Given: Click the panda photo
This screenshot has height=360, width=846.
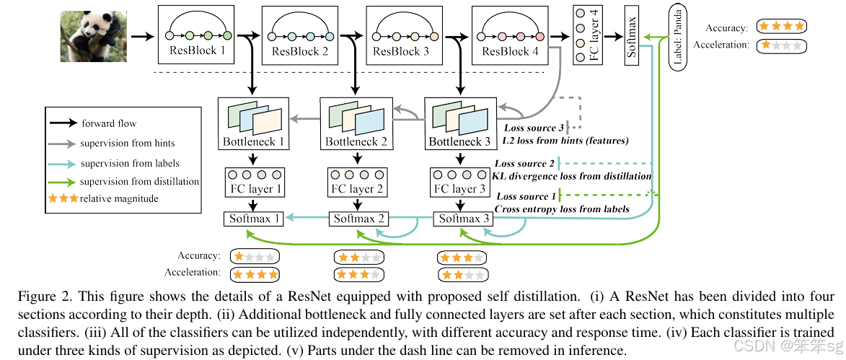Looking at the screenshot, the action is click(94, 37).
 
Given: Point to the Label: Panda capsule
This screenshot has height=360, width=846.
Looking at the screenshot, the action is click(678, 37).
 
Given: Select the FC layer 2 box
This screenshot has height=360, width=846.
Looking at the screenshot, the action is click(356, 183).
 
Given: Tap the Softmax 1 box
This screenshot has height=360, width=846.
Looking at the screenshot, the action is click(253, 219).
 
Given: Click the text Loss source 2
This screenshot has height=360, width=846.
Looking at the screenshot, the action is click(525, 163).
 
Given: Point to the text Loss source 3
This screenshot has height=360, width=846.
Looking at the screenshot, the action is click(534, 128).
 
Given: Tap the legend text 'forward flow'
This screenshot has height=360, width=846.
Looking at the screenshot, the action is click(106, 123).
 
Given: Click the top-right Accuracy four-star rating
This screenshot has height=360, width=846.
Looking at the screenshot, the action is click(780, 26).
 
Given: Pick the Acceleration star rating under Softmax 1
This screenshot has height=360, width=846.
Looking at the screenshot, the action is click(255, 274).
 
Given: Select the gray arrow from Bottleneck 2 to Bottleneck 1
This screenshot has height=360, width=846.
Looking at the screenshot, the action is click(304, 118).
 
